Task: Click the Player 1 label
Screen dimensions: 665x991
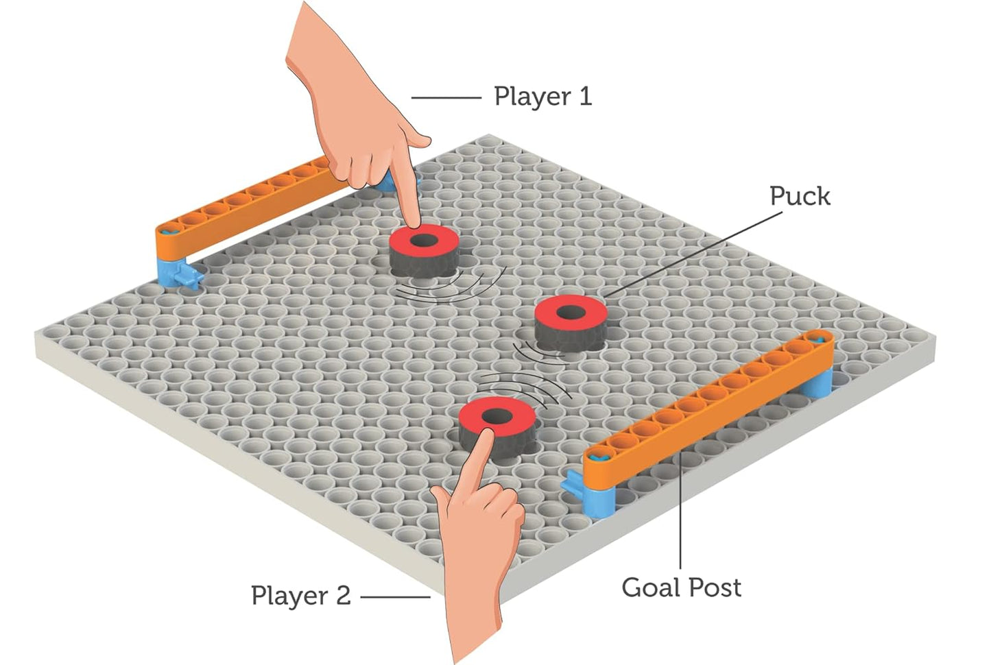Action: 542,97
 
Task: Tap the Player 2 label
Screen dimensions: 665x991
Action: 300,595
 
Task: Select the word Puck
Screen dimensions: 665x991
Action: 799,196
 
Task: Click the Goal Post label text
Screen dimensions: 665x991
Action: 681,588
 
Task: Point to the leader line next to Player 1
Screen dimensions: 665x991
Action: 446,98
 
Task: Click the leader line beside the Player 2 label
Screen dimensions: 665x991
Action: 395,596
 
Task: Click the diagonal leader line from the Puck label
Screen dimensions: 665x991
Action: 693,254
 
